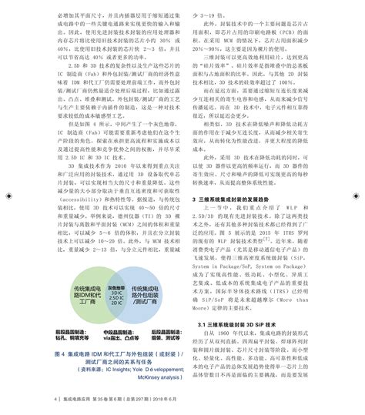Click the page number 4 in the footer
pos(57,400)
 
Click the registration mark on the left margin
pos(8,206)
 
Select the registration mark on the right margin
pos(357,206)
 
